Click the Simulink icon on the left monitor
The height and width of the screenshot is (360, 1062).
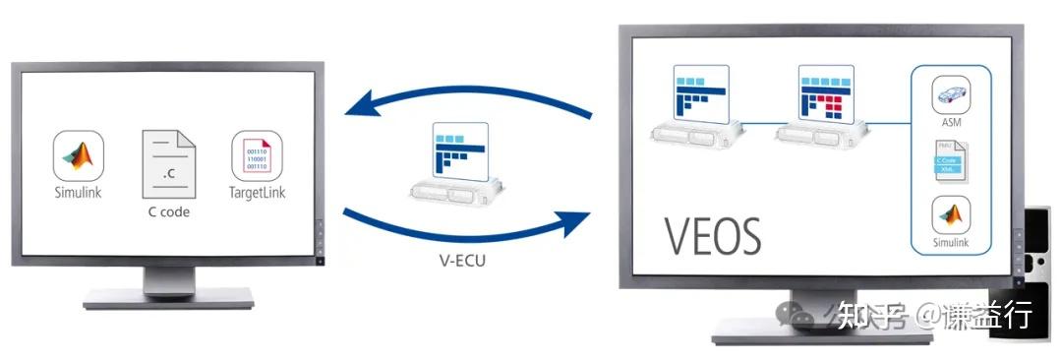(80, 154)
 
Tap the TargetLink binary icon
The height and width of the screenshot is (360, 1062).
(258, 154)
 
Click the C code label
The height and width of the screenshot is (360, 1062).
(168, 211)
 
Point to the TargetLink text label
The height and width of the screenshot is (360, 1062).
(258, 193)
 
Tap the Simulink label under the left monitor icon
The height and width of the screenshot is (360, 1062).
(80, 193)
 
